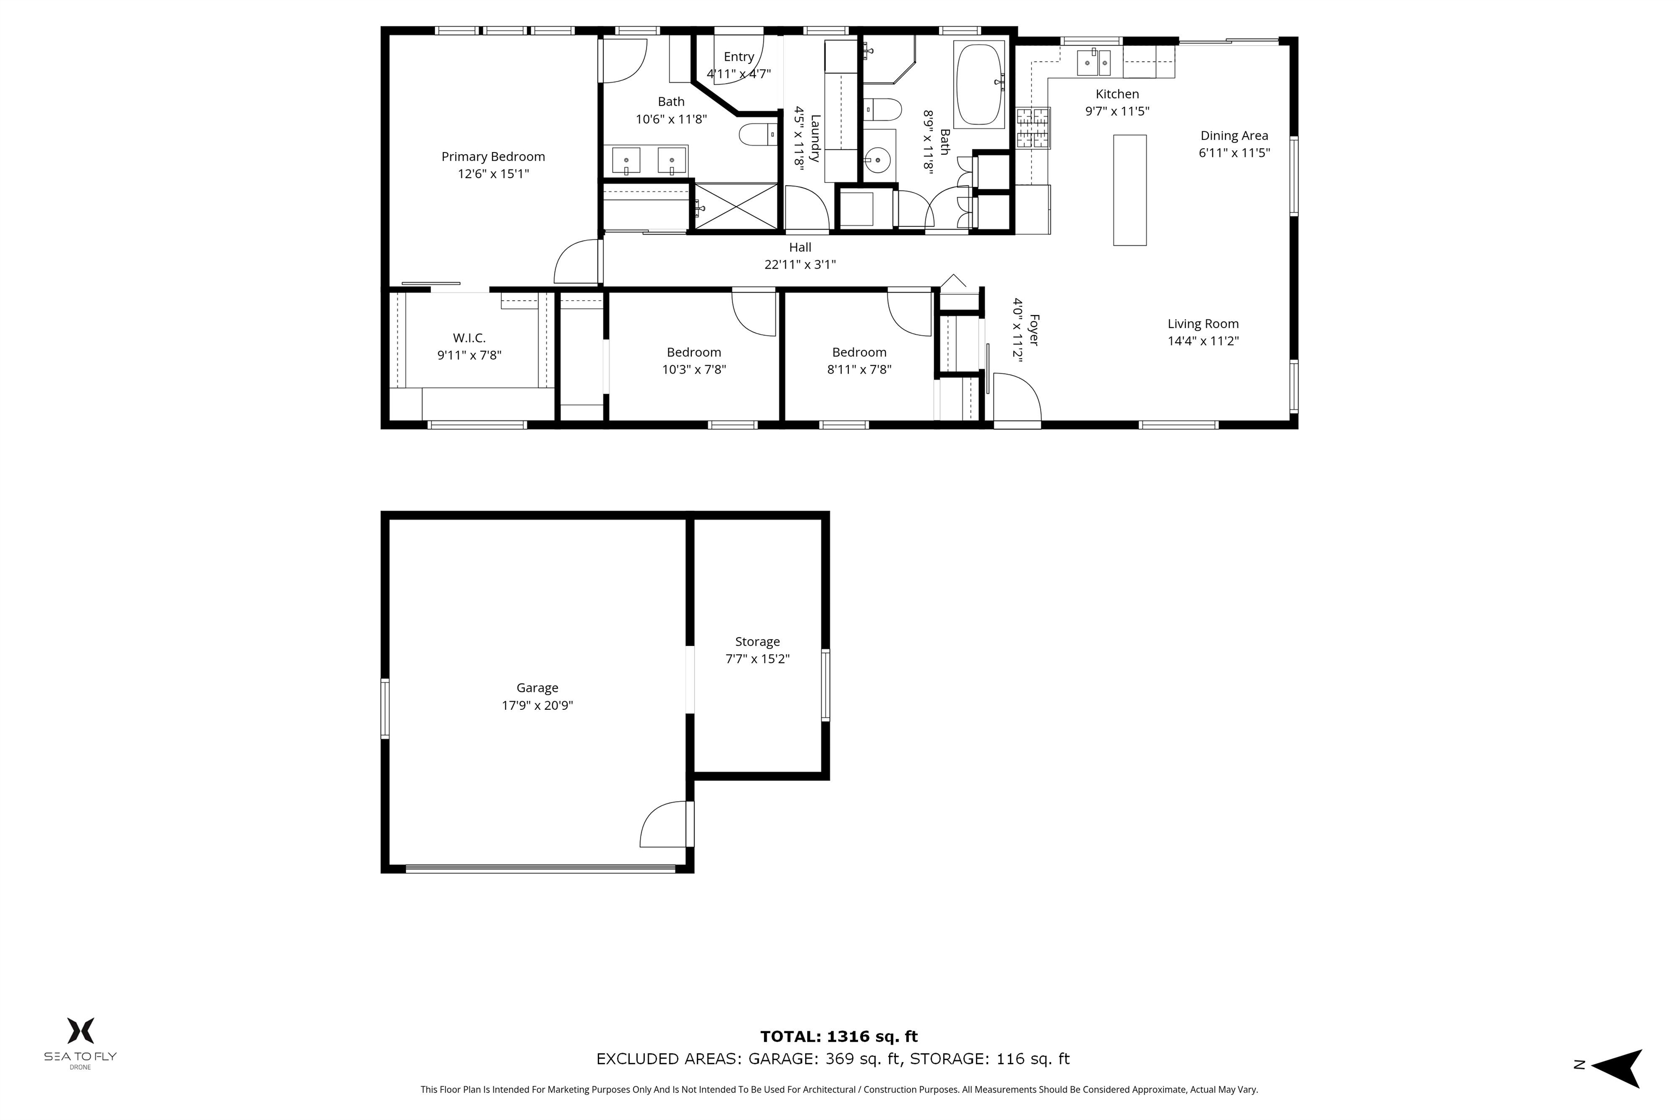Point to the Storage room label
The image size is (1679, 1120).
click(758, 641)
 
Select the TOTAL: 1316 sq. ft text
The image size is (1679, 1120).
click(839, 1036)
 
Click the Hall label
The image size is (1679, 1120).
click(800, 247)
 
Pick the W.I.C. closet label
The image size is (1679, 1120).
click(469, 338)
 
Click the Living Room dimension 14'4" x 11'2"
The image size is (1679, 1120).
click(1203, 341)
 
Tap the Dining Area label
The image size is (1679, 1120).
click(1234, 136)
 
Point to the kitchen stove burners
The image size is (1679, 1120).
click(1033, 128)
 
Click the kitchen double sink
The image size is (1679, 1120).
click(1093, 63)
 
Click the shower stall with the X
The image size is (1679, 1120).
click(735, 206)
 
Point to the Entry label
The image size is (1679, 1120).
click(739, 56)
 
